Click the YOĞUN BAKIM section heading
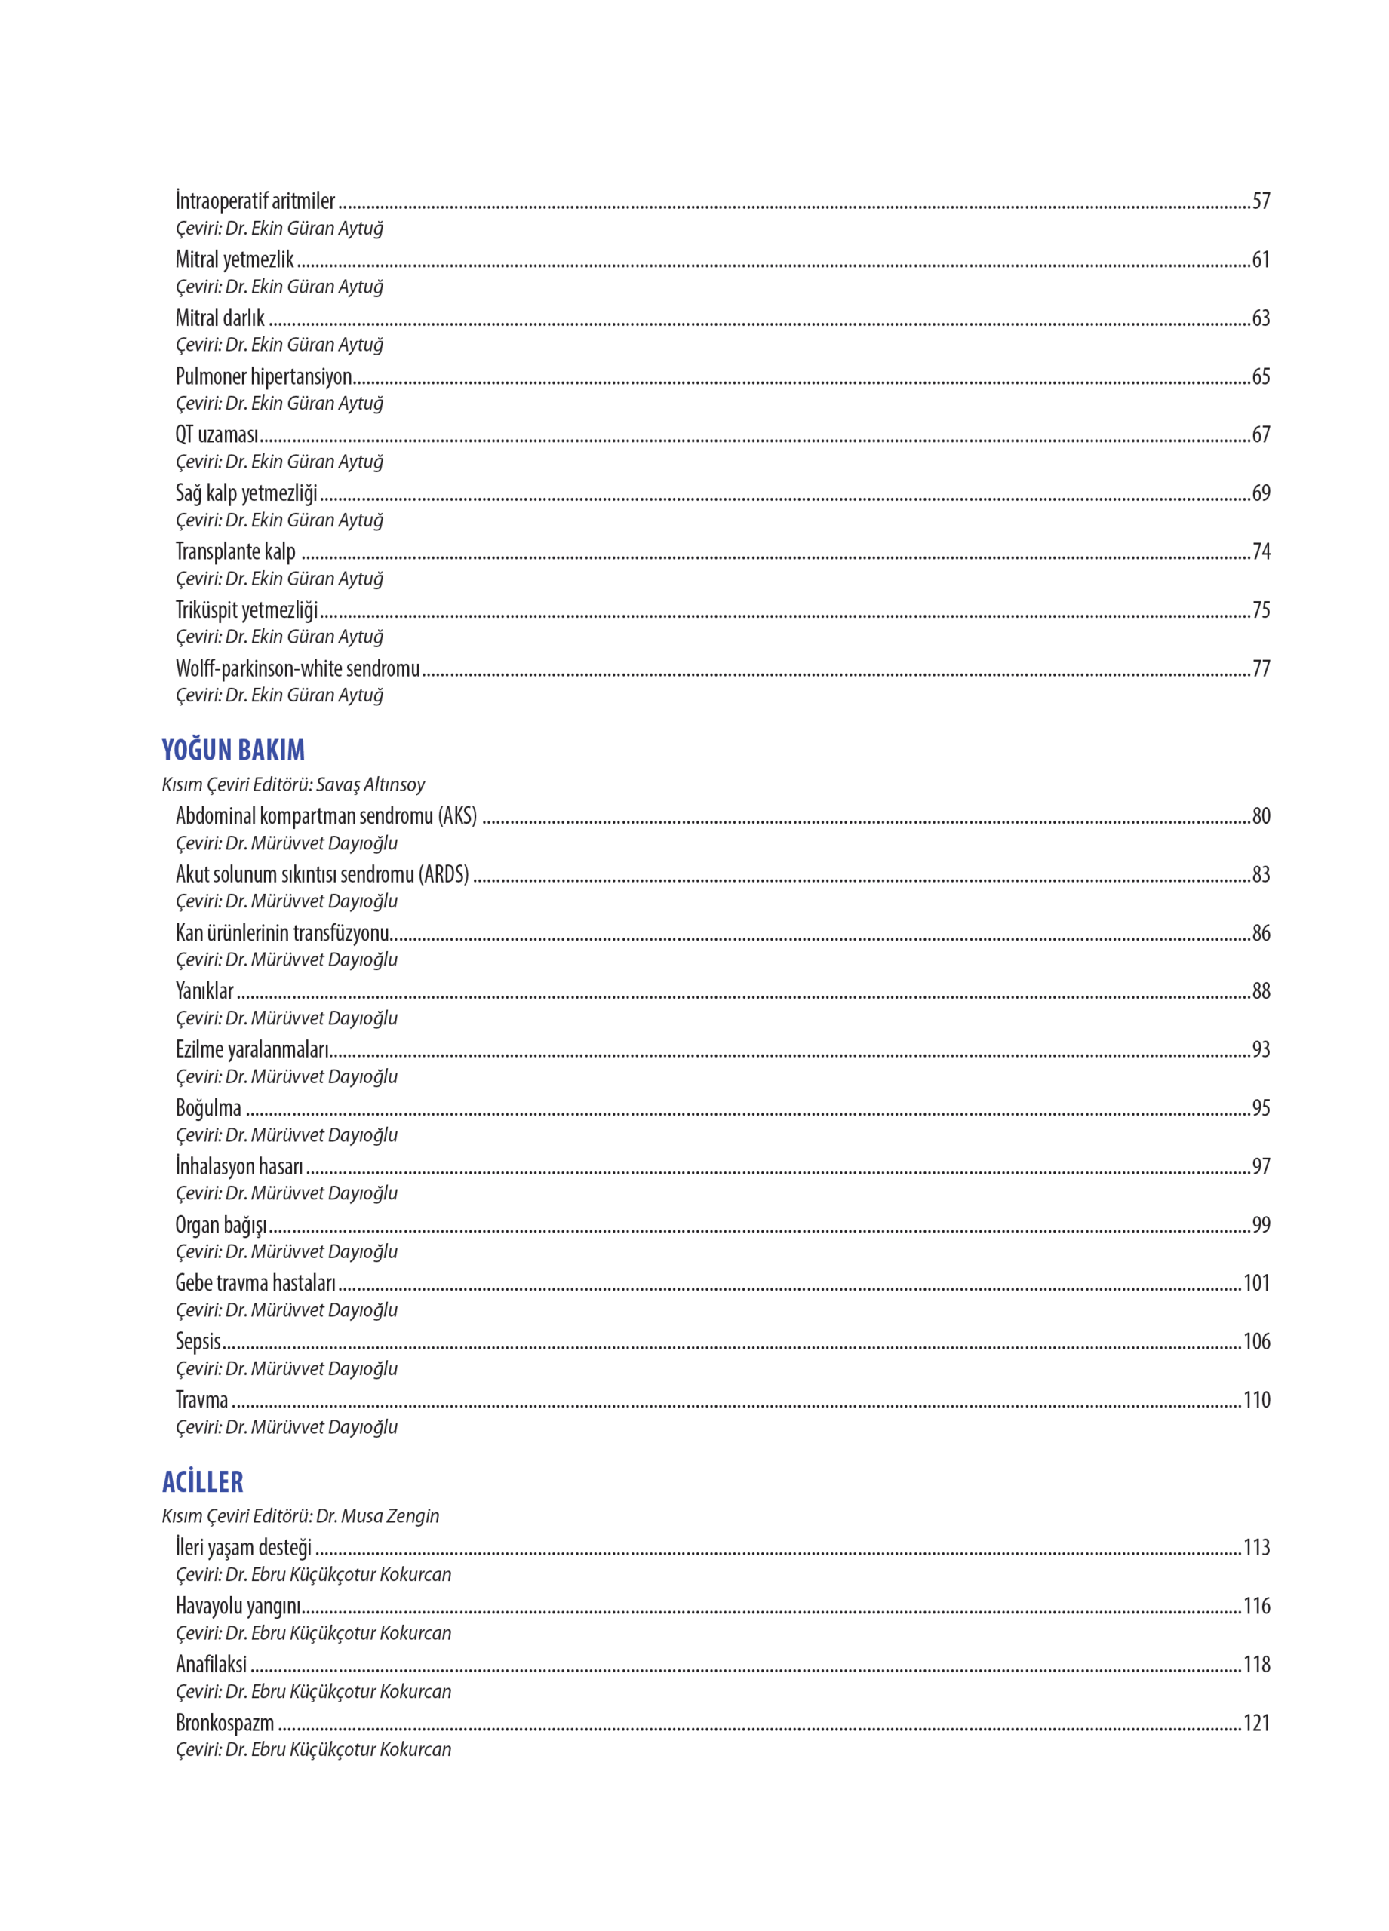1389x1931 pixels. point(232,749)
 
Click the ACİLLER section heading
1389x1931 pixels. point(203,1481)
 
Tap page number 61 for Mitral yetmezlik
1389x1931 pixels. point(1261,259)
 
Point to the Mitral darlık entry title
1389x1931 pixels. point(220,318)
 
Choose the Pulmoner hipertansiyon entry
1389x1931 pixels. point(263,376)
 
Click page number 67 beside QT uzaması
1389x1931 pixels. point(1261,435)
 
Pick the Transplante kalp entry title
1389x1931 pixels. point(235,551)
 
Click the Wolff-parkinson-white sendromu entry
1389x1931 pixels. point(297,668)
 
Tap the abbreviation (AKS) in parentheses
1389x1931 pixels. point(457,815)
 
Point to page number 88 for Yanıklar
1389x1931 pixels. point(1261,991)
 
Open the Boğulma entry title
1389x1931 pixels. point(207,1108)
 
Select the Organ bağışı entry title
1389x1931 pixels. point(220,1225)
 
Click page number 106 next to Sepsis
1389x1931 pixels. point(1256,1342)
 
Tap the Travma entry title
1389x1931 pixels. point(202,1400)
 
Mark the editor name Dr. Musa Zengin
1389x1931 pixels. point(377,1515)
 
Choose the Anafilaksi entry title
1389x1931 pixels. point(211,1664)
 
